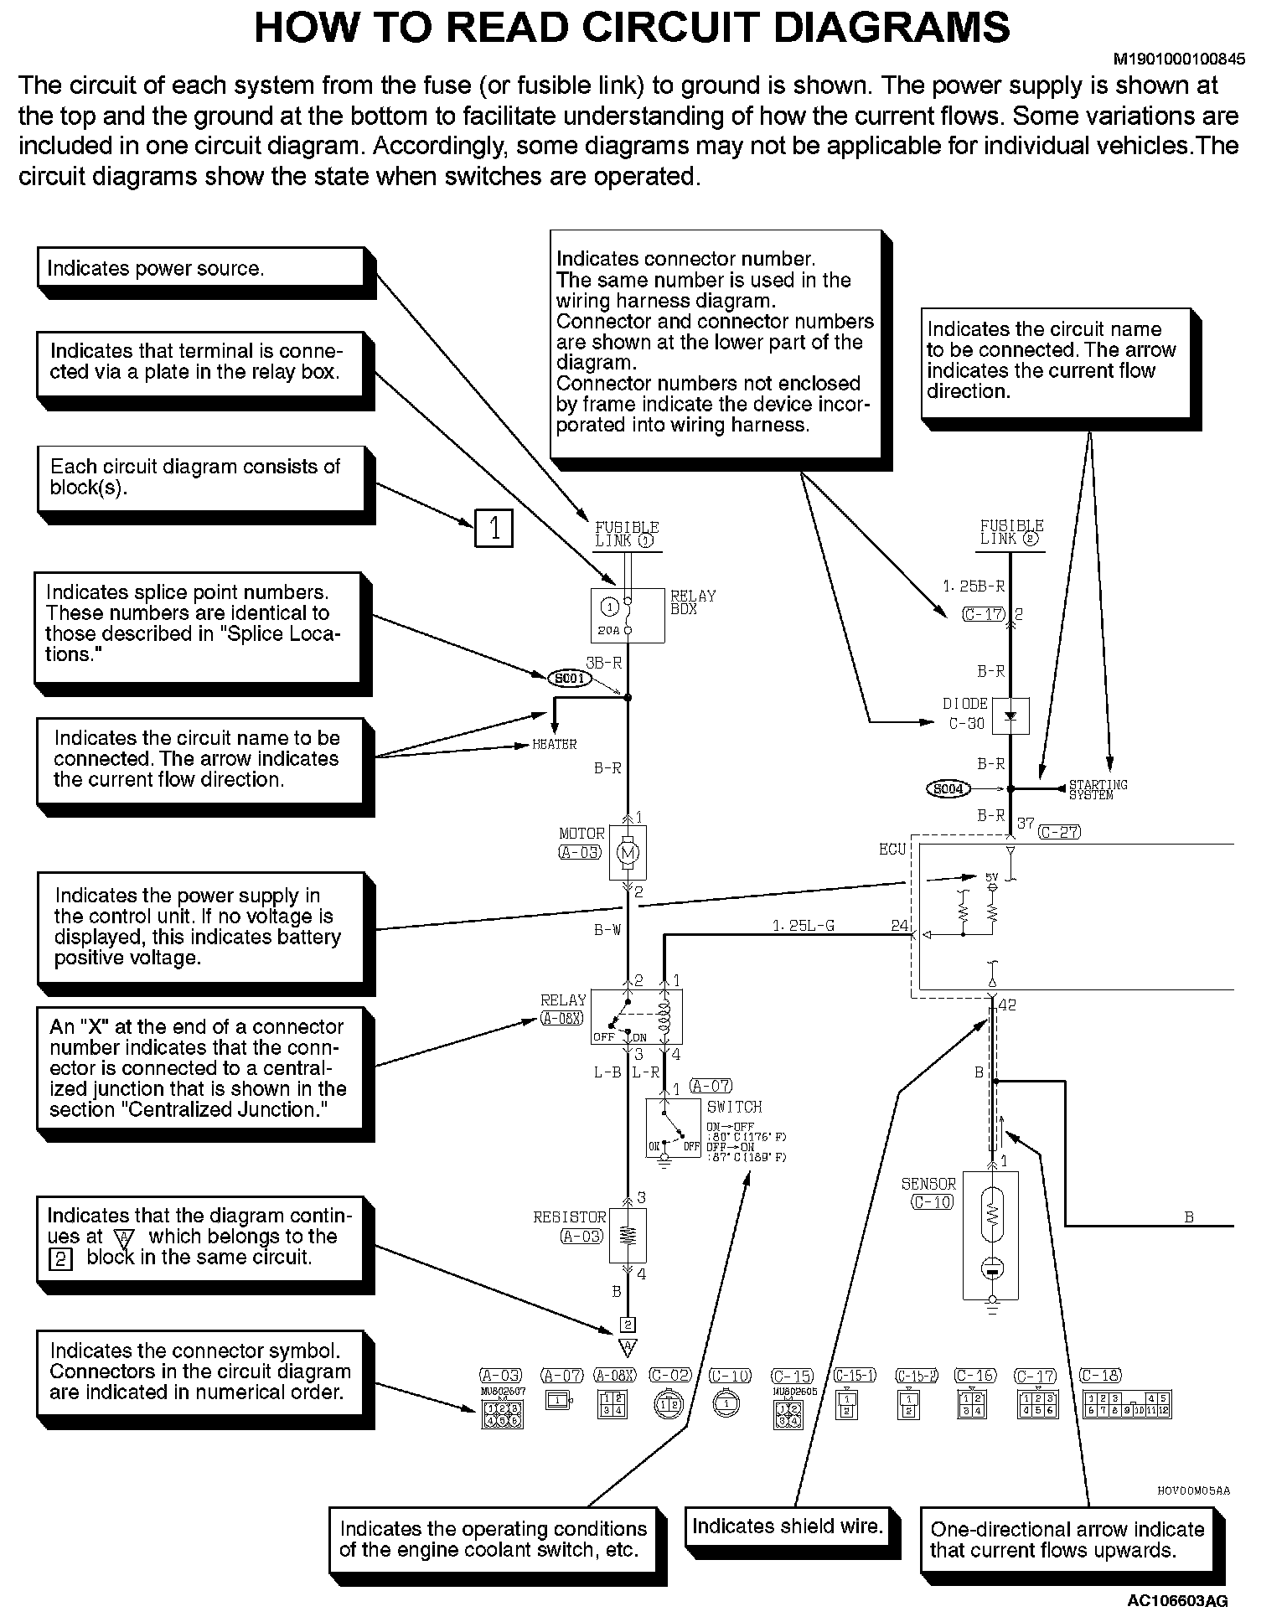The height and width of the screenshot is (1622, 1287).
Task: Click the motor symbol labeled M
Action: tap(627, 853)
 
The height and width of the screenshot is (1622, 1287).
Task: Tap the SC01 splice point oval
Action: tap(570, 679)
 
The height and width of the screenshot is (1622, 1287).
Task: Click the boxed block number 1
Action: tap(494, 529)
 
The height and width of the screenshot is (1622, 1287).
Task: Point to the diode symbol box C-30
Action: tap(1010, 716)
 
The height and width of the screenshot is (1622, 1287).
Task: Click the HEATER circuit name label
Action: tap(555, 744)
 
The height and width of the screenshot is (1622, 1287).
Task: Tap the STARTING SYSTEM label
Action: tap(1098, 790)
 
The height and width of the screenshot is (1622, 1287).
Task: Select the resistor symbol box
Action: tap(628, 1235)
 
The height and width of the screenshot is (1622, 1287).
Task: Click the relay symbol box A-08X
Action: tap(637, 1016)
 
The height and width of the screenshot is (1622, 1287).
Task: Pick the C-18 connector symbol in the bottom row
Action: tap(1128, 1405)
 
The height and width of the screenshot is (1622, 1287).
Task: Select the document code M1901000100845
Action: tap(1178, 59)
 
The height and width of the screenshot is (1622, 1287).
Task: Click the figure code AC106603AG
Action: tap(1177, 1601)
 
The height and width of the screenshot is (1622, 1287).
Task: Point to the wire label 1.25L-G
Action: tap(803, 926)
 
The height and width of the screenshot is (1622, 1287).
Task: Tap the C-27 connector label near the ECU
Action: tap(1059, 832)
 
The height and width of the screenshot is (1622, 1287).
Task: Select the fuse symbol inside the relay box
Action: tap(627, 615)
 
